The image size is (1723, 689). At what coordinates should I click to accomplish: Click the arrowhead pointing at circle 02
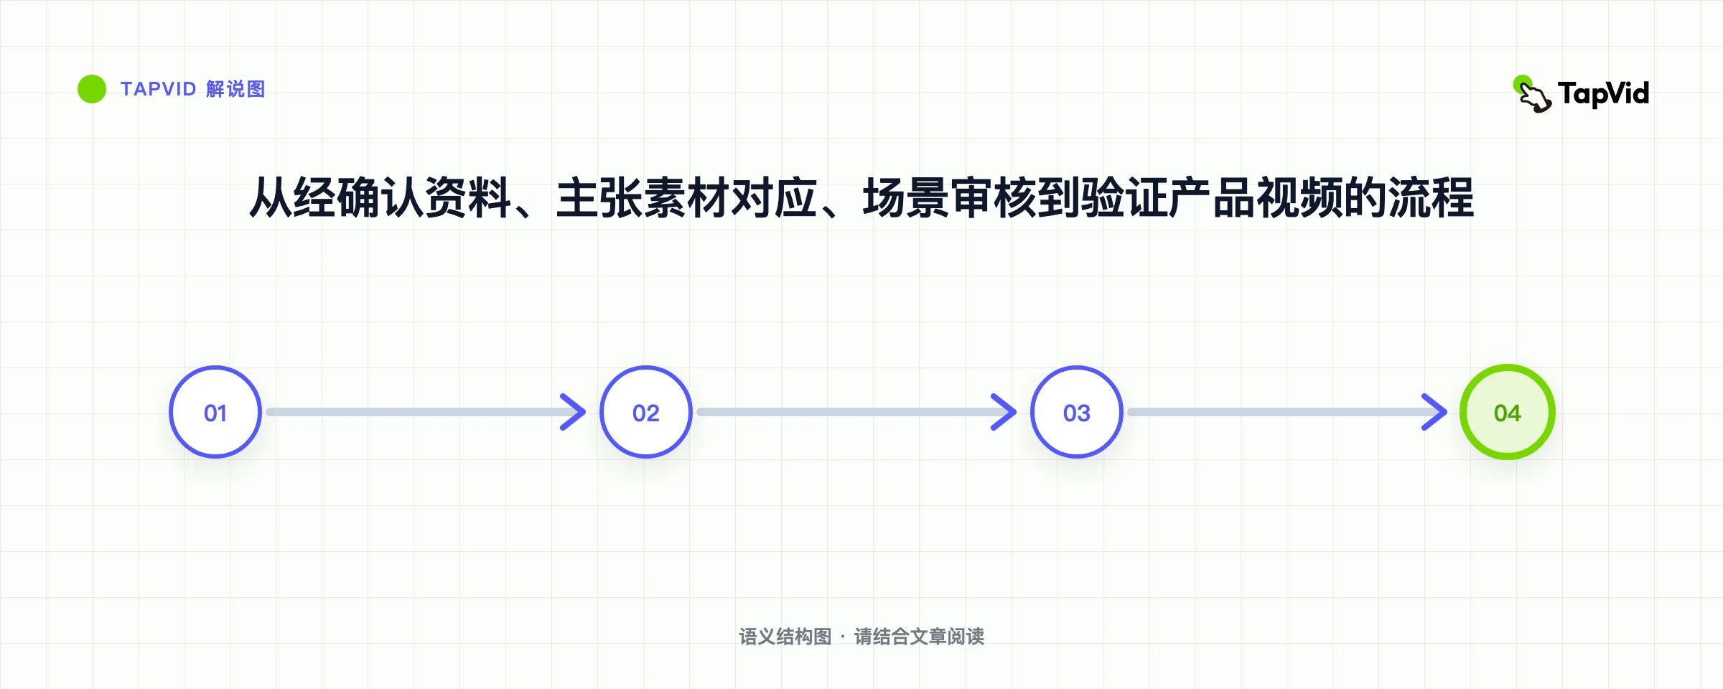[x=574, y=412]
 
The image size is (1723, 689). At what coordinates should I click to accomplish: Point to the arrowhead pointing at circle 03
[x=1005, y=412]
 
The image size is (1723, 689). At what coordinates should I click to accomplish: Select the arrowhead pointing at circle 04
[x=1436, y=412]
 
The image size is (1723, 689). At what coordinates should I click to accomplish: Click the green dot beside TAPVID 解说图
[x=92, y=89]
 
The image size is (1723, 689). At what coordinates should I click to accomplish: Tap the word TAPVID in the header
[x=159, y=89]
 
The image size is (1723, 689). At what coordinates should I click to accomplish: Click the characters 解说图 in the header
[x=235, y=89]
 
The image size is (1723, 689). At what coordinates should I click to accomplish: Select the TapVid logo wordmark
[x=1603, y=94]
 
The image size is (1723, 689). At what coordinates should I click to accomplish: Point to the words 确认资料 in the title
[x=424, y=197]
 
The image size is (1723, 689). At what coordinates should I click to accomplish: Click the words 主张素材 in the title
[x=643, y=197]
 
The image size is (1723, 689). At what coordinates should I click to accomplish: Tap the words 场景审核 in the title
[x=949, y=197]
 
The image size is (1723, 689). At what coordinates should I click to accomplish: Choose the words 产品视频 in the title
[x=1256, y=197]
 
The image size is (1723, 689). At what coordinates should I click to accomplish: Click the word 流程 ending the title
[x=1431, y=197]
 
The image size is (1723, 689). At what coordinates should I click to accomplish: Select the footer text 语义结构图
[x=785, y=637]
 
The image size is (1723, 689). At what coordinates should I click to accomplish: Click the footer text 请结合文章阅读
[x=919, y=637]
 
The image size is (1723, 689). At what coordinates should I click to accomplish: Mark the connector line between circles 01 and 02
[x=424, y=412]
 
